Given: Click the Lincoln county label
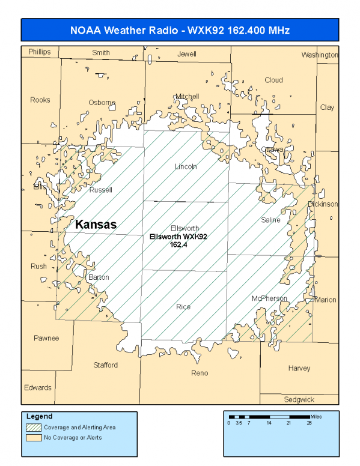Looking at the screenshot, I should pyautogui.click(x=186, y=166).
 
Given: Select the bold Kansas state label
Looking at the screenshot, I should pyautogui.click(x=96, y=224).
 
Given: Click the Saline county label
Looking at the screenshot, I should pyautogui.click(x=270, y=220).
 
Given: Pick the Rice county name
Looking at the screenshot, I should pyautogui.click(x=183, y=307).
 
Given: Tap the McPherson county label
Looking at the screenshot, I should pyautogui.click(x=269, y=298).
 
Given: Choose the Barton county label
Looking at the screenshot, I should pyautogui.click(x=99, y=277).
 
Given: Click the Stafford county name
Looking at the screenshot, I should pyautogui.click(x=106, y=365).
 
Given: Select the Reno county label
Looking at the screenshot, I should pyautogui.click(x=200, y=373).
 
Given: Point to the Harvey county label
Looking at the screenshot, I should pyautogui.click(x=299, y=368).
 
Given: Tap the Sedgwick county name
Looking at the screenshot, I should pyautogui.click(x=299, y=399).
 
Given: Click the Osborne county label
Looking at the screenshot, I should pyautogui.click(x=102, y=102).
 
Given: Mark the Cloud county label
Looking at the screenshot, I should pyautogui.click(x=273, y=80).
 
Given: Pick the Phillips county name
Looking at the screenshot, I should pyautogui.click(x=40, y=52).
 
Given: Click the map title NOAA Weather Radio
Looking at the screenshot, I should pyautogui.click(x=180, y=30).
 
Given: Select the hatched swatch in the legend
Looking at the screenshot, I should pyautogui.click(x=34, y=428).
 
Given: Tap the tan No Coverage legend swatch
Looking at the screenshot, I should pyautogui.click(x=34, y=437).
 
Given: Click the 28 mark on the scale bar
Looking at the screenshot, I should pyautogui.click(x=310, y=422).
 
